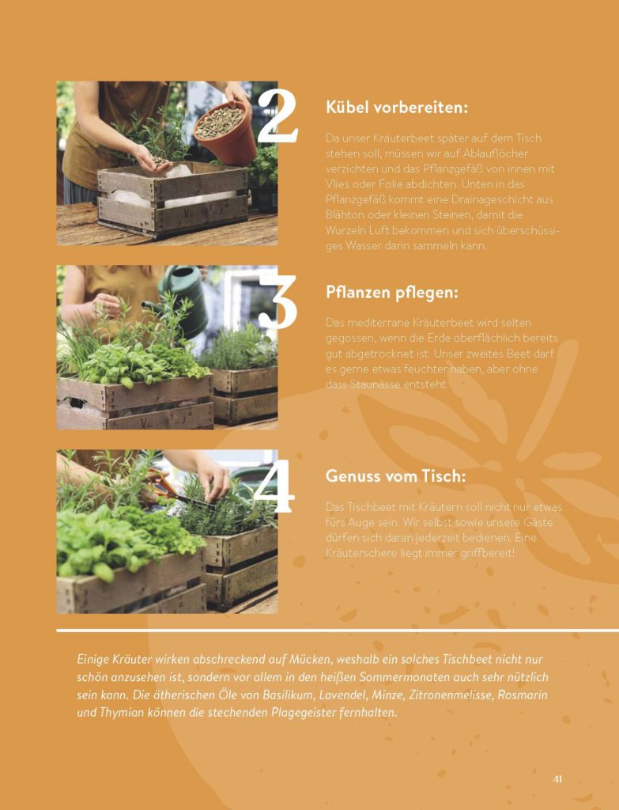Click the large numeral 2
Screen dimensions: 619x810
(x=277, y=115)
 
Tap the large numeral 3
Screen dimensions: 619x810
(x=277, y=301)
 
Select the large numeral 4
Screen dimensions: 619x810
(x=274, y=487)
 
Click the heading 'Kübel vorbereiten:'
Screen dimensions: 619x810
(x=397, y=108)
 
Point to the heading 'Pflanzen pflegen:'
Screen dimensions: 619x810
(x=392, y=293)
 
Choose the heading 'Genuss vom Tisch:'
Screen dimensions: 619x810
(x=395, y=475)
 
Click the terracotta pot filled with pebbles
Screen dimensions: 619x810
(x=226, y=132)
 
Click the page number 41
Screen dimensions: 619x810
(x=557, y=778)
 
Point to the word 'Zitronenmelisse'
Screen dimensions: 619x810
(x=450, y=695)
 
